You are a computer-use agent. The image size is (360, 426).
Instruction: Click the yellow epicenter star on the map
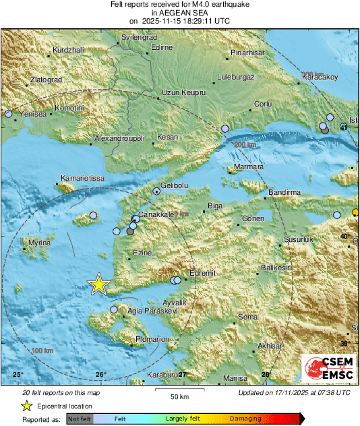click(99, 284)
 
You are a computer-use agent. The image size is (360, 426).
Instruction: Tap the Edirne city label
click(162, 47)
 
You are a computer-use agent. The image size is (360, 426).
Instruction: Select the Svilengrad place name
click(143, 37)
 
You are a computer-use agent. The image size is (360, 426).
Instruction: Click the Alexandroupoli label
click(119, 138)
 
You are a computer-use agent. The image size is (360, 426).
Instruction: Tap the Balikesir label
click(276, 268)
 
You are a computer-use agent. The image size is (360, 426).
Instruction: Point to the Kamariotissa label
click(82, 178)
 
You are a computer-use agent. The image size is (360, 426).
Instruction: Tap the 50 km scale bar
click(179, 390)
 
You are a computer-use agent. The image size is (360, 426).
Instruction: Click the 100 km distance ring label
click(42, 351)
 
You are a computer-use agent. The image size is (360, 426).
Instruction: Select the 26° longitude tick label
click(100, 375)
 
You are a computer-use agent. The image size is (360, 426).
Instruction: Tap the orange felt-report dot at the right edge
click(356, 213)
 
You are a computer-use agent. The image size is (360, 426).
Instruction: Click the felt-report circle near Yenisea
click(8, 115)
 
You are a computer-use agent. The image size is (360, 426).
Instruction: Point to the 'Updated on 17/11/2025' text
click(294, 392)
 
